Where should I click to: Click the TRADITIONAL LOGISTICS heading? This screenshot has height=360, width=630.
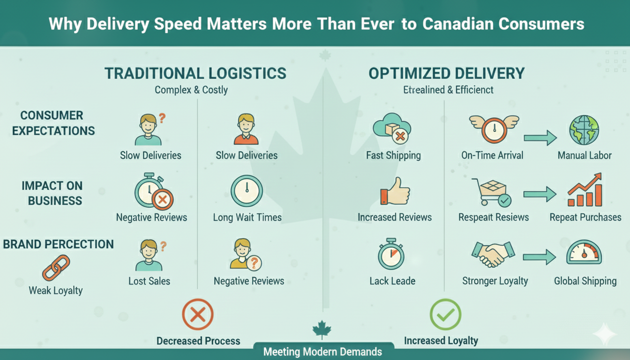click(x=195, y=74)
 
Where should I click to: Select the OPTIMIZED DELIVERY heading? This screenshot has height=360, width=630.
click(x=446, y=74)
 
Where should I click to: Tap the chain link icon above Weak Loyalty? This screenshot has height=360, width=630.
click(x=56, y=268)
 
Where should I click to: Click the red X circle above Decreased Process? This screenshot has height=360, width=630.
click(x=197, y=315)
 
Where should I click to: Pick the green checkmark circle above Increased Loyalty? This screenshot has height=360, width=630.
click(x=445, y=315)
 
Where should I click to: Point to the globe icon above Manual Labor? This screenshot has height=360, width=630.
click(x=584, y=130)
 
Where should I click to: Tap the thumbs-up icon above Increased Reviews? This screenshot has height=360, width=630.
click(x=395, y=191)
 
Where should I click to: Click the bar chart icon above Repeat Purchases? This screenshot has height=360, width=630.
click(x=585, y=191)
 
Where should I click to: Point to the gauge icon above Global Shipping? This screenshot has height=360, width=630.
click(x=584, y=254)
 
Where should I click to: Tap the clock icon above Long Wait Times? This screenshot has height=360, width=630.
click(x=247, y=191)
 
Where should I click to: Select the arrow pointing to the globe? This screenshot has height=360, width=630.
click(x=540, y=138)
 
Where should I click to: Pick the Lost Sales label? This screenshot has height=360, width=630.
click(x=149, y=281)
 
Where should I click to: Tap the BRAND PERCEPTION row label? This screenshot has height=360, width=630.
click(x=59, y=244)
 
